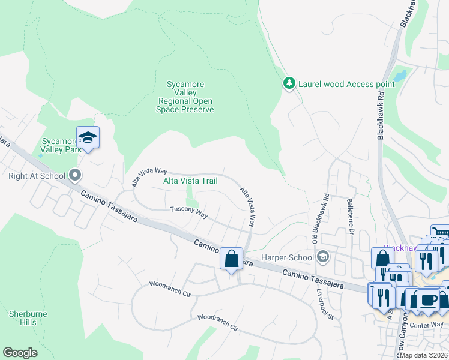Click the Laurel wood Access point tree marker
click(x=289, y=84)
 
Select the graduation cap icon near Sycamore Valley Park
click(x=88, y=138)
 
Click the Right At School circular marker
click(x=75, y=176)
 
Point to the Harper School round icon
click(x=323, y=257)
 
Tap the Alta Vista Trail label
click(x=190, y=180)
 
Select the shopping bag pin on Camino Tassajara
click(x=231, y=259)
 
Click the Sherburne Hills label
click(x=23, y=318)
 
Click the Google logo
click(x=20, y=353)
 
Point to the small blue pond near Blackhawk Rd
click(x=400, y=76)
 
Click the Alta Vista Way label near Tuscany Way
click(x=247, y=207)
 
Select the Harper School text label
click(x=287, y=258)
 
